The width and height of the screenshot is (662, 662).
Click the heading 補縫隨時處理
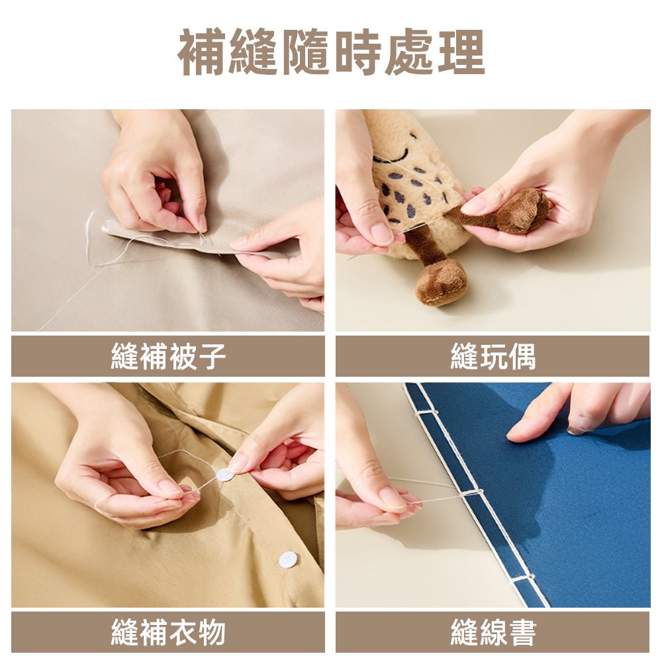[331, 52]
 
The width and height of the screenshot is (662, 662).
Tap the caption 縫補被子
[167, 357]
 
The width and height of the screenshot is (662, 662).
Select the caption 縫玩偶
[493, 357]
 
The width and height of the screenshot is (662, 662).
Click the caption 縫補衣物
[167, 632]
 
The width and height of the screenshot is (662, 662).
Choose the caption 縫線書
[493, 632]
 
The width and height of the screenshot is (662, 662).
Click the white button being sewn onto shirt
[225, 475]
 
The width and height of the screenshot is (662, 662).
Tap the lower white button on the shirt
[287, 559]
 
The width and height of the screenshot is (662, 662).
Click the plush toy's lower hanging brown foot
[442, 282]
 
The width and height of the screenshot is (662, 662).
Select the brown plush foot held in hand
[523, 211]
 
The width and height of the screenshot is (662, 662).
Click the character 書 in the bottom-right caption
[523, 632]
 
